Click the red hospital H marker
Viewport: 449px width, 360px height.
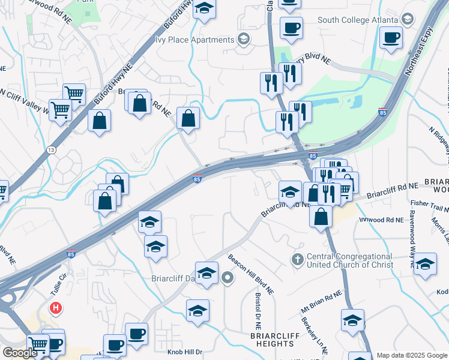click(x=56, y=309)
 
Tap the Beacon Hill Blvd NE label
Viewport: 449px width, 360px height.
click(x=251, y=274)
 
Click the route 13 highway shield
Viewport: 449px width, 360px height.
click(x=52, y=150)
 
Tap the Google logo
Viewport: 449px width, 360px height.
click(x=20, y=353)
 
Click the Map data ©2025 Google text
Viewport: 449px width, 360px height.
click(x=412, y=355)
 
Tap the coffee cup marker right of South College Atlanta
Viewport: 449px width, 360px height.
click(x=391, y=38)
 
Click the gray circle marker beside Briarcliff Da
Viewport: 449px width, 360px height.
click(x=228, y=277)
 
